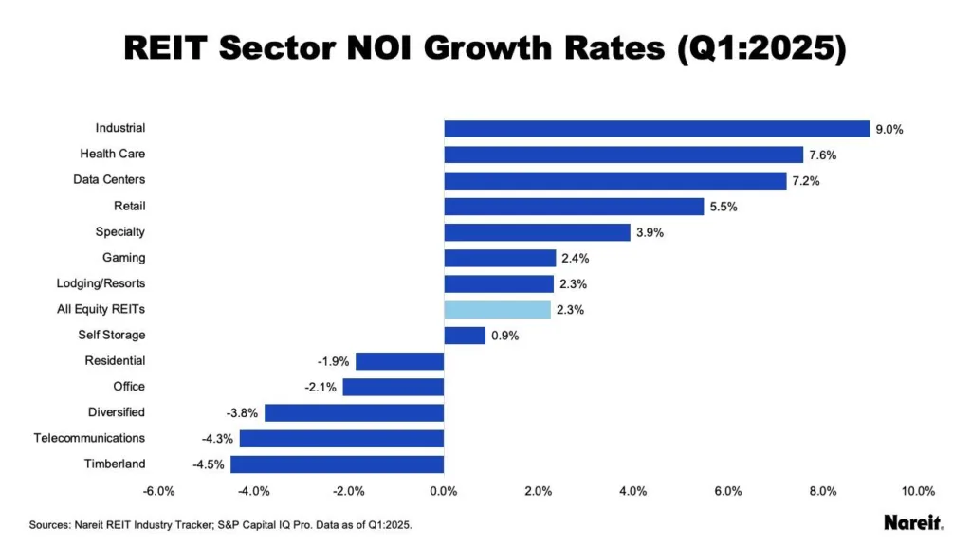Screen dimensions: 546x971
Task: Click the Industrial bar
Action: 656,129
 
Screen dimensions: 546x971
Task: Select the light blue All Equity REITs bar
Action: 497,309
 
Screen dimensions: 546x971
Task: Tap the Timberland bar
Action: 337,464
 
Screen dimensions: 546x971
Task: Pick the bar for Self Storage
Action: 465,335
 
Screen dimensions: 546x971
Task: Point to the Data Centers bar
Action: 614,180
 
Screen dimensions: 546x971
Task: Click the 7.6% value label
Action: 821,155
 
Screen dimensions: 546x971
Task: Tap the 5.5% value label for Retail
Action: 723,207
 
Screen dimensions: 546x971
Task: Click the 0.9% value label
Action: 504,336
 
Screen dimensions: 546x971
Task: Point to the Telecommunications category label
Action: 89,438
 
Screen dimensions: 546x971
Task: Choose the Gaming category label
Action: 123,258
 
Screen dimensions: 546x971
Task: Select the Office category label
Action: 129,387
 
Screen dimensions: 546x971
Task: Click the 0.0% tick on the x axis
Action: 444,491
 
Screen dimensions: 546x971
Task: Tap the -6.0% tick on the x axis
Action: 158,491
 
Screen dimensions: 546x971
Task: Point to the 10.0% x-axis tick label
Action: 918,491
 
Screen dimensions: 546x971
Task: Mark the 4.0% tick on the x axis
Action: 633,491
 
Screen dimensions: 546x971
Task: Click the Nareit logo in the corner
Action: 912,522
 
